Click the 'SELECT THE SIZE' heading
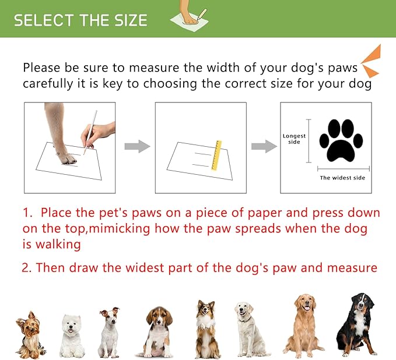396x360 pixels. click(x=80, y=20)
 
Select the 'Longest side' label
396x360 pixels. click(x=294, y=139)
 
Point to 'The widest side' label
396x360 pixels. click(x=343, y=178)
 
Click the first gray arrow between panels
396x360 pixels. click(x=137, y=146)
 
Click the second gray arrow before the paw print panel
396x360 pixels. click(x=264, y=146)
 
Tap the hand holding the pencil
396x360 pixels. click(x=99, y=135)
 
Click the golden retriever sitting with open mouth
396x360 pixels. click(x=303, y=324)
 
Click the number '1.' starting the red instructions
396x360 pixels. click(x=28, y=213)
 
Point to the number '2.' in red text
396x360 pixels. click(x=27, y=268)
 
